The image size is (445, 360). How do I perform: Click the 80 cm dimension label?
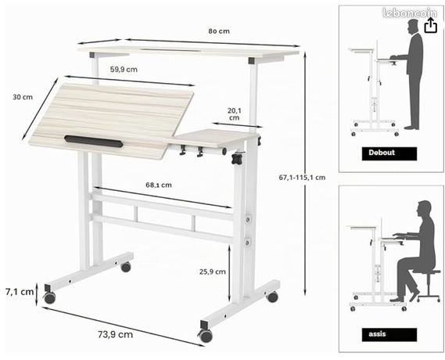[219, 31]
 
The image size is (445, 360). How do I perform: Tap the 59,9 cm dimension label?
[124, 70]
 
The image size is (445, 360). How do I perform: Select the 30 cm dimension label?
[23, 97]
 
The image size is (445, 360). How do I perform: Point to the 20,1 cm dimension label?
[234, 113]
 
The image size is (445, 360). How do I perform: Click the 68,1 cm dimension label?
[159, 185]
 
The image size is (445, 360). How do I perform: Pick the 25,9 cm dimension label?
[212, 272]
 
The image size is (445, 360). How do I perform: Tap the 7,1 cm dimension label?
[20, 292]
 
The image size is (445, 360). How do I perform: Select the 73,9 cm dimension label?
[115, 334]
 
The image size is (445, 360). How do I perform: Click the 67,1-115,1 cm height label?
[302, 178]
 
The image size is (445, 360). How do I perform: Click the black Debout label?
[389, 153]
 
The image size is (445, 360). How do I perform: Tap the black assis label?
[389, 334]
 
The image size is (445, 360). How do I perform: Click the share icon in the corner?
[430, 26]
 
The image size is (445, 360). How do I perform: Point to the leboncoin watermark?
[410, 13]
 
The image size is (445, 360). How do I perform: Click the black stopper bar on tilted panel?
[94, 141]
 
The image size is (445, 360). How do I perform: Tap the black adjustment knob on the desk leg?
[238, 158]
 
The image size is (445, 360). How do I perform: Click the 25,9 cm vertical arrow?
[229, 272]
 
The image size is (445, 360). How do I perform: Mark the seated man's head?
[424, 209]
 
